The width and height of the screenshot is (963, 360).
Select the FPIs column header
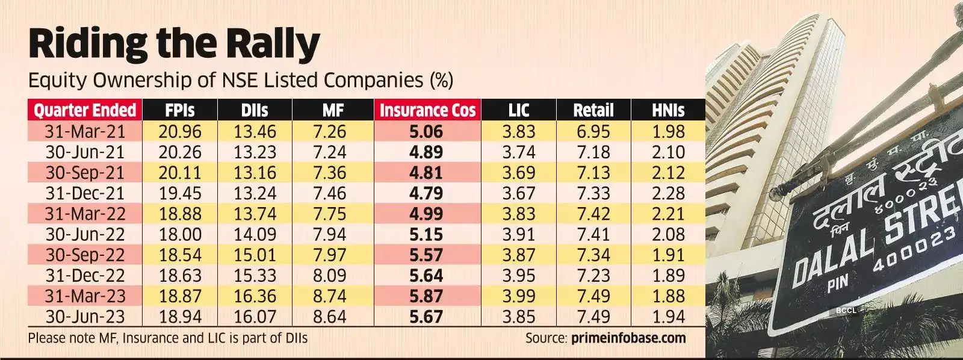click(179, 111)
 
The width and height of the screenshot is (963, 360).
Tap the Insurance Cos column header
click(427, 111)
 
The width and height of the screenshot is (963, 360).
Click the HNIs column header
click(667, 111)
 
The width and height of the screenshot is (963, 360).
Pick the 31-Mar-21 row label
click(84, 132)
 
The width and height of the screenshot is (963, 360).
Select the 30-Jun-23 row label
click(84, 317)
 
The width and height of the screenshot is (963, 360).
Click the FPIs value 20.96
click(179, 132)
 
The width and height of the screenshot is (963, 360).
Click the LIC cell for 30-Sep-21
click(518, 173)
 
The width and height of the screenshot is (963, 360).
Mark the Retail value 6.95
click(593, 132)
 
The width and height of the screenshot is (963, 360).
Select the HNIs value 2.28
click(668, 193)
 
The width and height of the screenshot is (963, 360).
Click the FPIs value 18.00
click(179, 234)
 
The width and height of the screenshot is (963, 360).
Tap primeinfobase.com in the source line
click(627, 338)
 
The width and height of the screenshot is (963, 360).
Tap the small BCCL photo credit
click(846, 311)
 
